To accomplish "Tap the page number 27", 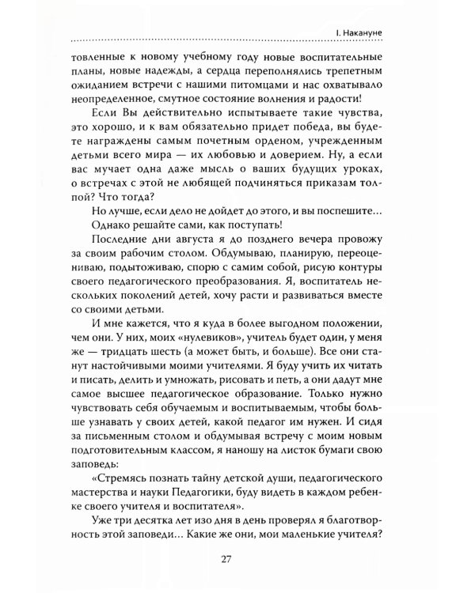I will (x=237, y=561).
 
